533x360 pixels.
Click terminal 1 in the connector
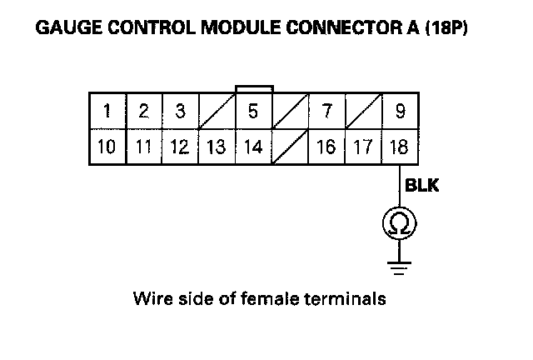coord(107,112)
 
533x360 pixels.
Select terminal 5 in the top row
coord(253,112)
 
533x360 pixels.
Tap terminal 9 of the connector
coord(400,112)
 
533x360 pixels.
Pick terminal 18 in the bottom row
coord(400,147)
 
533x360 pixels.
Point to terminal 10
coord(107,147)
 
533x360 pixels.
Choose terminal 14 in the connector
coord(253,147)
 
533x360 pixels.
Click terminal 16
coord(326,147)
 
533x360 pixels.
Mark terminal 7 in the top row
coord(326,112)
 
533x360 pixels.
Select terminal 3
coord(179,112)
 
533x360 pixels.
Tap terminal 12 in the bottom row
coord(179,147)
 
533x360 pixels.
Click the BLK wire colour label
coord(421,186)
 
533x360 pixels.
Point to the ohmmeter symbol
coord(399,222)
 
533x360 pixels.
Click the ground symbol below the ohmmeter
coord(399,266)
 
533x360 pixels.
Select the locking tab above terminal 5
coord(253,88)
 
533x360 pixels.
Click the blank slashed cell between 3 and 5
coord(217,112)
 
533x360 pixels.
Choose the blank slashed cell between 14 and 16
coord(289,147)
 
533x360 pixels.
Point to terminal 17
coord(363,147)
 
